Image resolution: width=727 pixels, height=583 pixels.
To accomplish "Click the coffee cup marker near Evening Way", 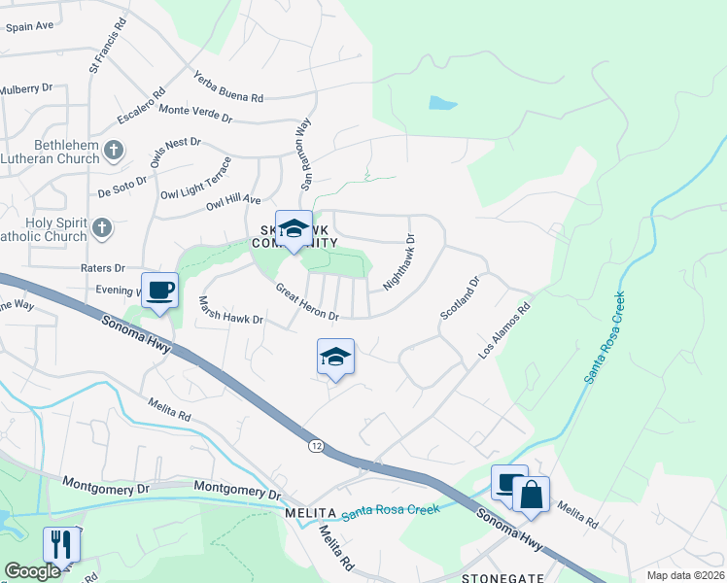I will pyautogui.click(x=160, y=289).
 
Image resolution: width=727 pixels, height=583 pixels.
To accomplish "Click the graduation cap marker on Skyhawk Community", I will pyautogui.click(x=294, y=228).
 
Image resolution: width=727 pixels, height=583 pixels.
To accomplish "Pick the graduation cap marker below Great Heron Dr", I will pyautogui.click(x=335, y=357).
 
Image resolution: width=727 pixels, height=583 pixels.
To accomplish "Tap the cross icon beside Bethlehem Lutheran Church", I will pyautogui.click(x=114, y=150).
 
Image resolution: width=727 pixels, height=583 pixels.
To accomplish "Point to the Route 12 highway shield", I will pyautogui.click(x=317, y=445).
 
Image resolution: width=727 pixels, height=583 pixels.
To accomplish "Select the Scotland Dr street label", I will pyautogui.click(x=460, y=298).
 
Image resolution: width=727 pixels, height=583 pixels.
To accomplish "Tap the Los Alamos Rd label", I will pyautogui.click(x=504, y=333).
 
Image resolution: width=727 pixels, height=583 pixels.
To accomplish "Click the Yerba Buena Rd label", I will pyautogui.click(x=228, y=86).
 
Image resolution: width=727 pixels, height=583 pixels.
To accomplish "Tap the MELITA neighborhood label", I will pyautogui.click(x=310, y=512).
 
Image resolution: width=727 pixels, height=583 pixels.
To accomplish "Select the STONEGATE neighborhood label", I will pyautogui.click(x=497, y=576).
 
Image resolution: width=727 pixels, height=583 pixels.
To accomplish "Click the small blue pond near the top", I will pyautogui.click(x=442, y=102).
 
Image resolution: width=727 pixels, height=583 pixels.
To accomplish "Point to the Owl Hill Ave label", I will pyautogui.click(x=233, y=202).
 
